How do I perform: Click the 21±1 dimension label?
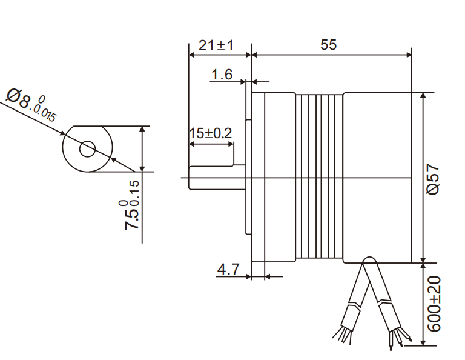pos(216,45)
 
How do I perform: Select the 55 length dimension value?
pos(328,45)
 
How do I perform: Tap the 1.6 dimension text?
pos(222,75)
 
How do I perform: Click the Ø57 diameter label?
pos(434,179)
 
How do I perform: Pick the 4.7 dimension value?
pos(228,268)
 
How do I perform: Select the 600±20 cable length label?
pos(434,304)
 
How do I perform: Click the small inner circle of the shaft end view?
pos(88,148)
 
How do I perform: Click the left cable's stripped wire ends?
pos(342,334)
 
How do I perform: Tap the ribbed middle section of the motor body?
pos(320,178)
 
